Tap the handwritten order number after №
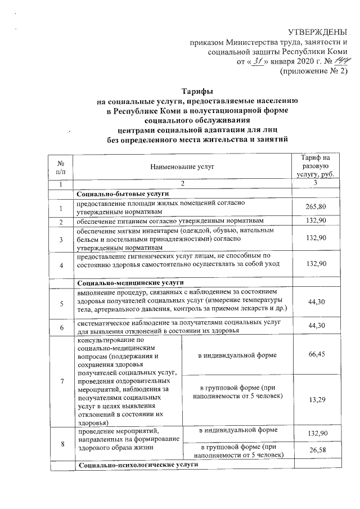(340, 60)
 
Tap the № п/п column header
(61, 166)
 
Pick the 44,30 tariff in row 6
(316, 327)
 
